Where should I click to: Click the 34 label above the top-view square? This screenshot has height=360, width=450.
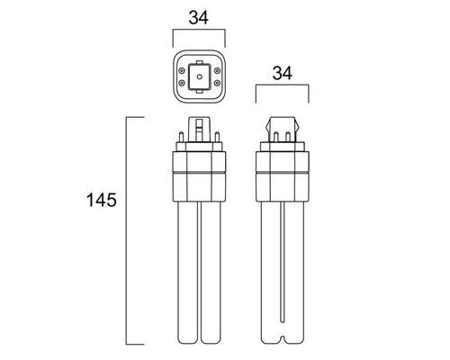[199, 15]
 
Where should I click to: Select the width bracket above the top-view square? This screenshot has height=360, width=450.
[199, 32]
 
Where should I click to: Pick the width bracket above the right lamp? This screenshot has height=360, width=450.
[283, 87]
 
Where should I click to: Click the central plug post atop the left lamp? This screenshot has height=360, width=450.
[199, 130]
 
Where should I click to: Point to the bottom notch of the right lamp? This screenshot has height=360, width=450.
[283, 340]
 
